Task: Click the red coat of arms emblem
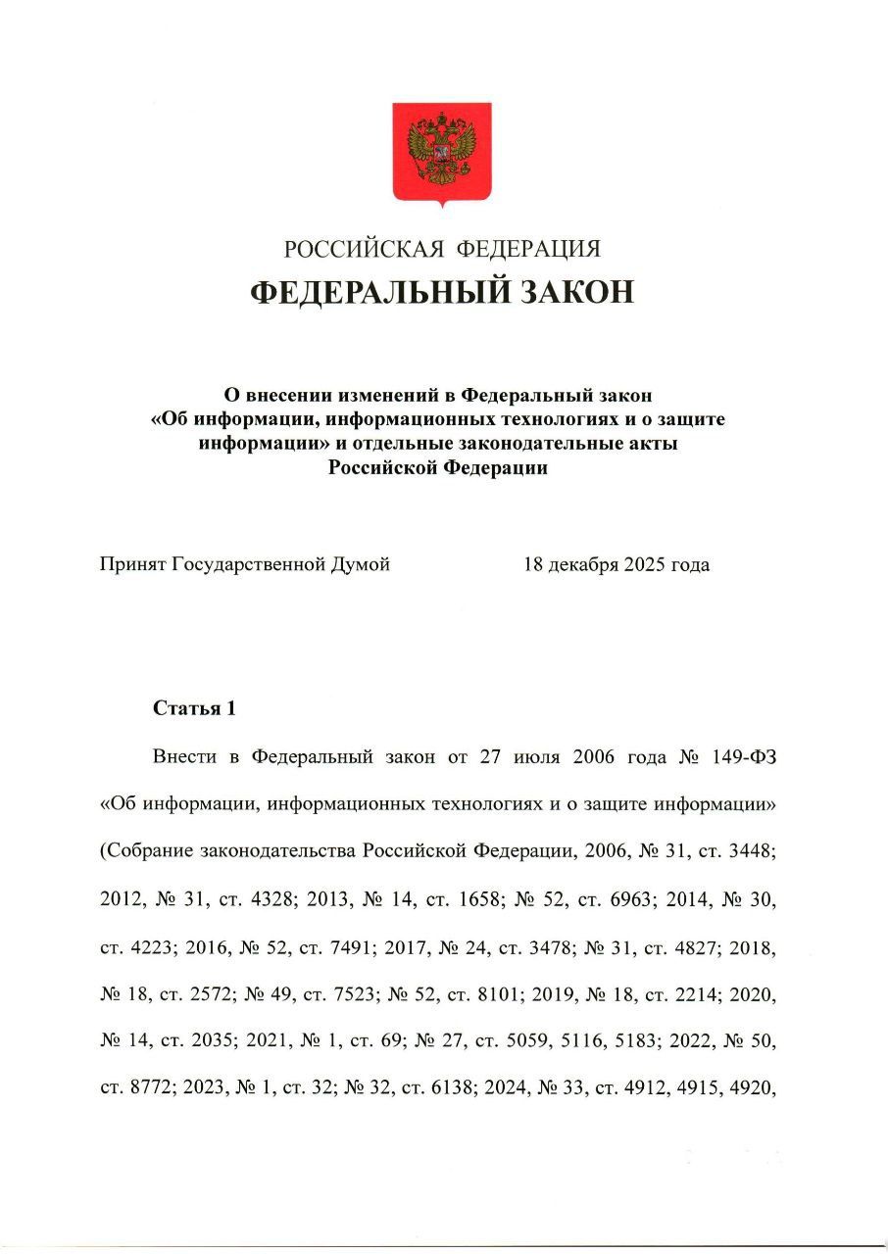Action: click(x=442, y=154)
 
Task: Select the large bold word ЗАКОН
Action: click(x=571, y=292)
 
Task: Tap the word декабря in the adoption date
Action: click(x=583, y=565)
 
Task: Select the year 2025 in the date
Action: click(x=644, y=565)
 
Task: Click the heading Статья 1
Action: click(x=194, y=708)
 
